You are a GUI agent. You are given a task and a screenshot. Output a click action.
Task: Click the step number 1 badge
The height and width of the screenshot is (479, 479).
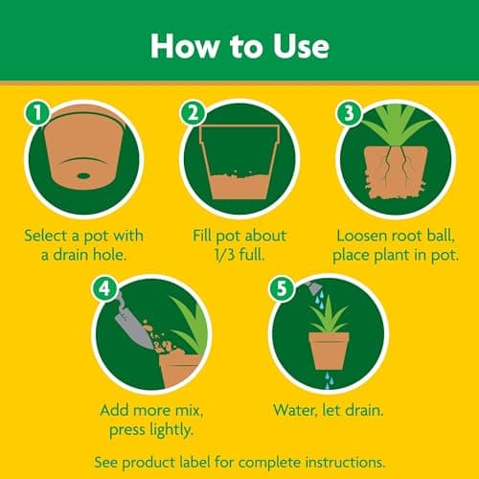(37, 113)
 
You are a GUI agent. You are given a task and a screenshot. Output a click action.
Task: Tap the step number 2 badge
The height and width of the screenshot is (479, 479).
(193, 113)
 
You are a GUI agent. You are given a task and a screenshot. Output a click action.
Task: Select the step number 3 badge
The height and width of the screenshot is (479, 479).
(349, 113)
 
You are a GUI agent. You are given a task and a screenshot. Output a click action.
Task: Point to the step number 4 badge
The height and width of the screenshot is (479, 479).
(104, 288)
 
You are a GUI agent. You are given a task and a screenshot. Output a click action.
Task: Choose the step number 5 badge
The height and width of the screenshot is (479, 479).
(282, 288)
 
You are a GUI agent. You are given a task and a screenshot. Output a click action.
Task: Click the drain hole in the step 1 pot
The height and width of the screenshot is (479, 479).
(83, 175)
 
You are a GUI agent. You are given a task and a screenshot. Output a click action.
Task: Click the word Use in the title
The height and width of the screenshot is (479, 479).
(301, 46)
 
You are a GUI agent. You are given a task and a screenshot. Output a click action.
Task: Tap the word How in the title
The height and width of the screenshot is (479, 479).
(185, 46)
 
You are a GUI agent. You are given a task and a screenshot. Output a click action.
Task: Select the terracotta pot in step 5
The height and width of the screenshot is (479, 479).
(329, 351)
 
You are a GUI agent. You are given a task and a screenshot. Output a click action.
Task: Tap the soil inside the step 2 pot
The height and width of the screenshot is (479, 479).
(239, 186)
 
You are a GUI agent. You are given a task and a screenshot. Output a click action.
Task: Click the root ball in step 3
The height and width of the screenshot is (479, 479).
(396, 172)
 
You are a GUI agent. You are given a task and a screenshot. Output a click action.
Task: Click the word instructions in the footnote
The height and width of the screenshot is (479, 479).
(345, 463)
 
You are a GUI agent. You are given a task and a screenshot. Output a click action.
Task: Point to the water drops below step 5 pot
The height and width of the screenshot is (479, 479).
(329, 380)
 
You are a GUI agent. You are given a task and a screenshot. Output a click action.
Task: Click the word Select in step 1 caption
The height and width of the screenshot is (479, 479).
(47, 236)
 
